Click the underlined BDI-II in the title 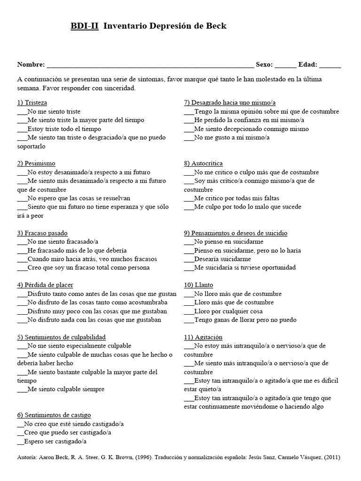(85, 26)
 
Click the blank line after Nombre (150, 65)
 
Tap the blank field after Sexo (285, 65)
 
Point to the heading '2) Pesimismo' (36, 163)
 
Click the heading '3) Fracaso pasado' (42, 233)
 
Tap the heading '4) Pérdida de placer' (45, 285)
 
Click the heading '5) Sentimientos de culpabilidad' (61, 337)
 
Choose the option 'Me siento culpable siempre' (66, 389)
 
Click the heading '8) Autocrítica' (204, 163)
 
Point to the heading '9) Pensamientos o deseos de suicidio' (235, 233)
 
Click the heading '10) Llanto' (198, 285)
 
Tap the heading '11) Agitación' (203, 337)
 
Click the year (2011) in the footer (330, 457)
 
